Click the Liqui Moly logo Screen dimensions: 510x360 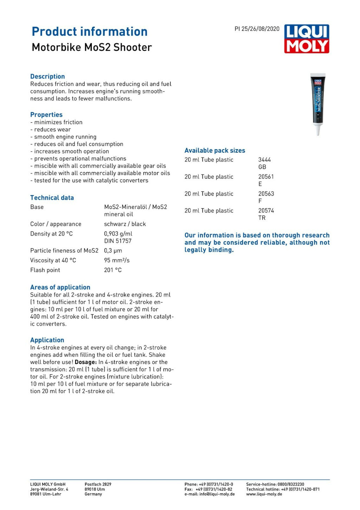pos(307,39)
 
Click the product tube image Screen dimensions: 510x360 pos(318,104)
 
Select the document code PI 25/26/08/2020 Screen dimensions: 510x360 pos(257,29)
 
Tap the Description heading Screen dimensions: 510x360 pos(47,76)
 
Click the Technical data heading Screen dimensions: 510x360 pos(52,198)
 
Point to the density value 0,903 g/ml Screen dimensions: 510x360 pos(118,234)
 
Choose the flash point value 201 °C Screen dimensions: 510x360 pos(113,270)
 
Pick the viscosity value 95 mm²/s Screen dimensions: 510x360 pos(117,260)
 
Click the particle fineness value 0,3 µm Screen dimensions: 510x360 pos(113,250)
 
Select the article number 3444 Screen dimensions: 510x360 pos(264,160)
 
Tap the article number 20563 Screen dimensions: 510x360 pos(266,194)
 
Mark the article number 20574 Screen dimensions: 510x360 pos(266,211)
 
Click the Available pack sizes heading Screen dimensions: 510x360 pos(215,151)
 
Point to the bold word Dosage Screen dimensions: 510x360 pos(85,362)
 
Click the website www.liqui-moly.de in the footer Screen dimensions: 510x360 pos(264,494)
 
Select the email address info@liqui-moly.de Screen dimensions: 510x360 pos(217,494)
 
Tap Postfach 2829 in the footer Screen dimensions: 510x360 pos(98,484)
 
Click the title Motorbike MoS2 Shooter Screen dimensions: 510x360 pos(92,47)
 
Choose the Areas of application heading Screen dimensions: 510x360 pos(60,287)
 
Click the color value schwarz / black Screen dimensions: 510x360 pos(125,224)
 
